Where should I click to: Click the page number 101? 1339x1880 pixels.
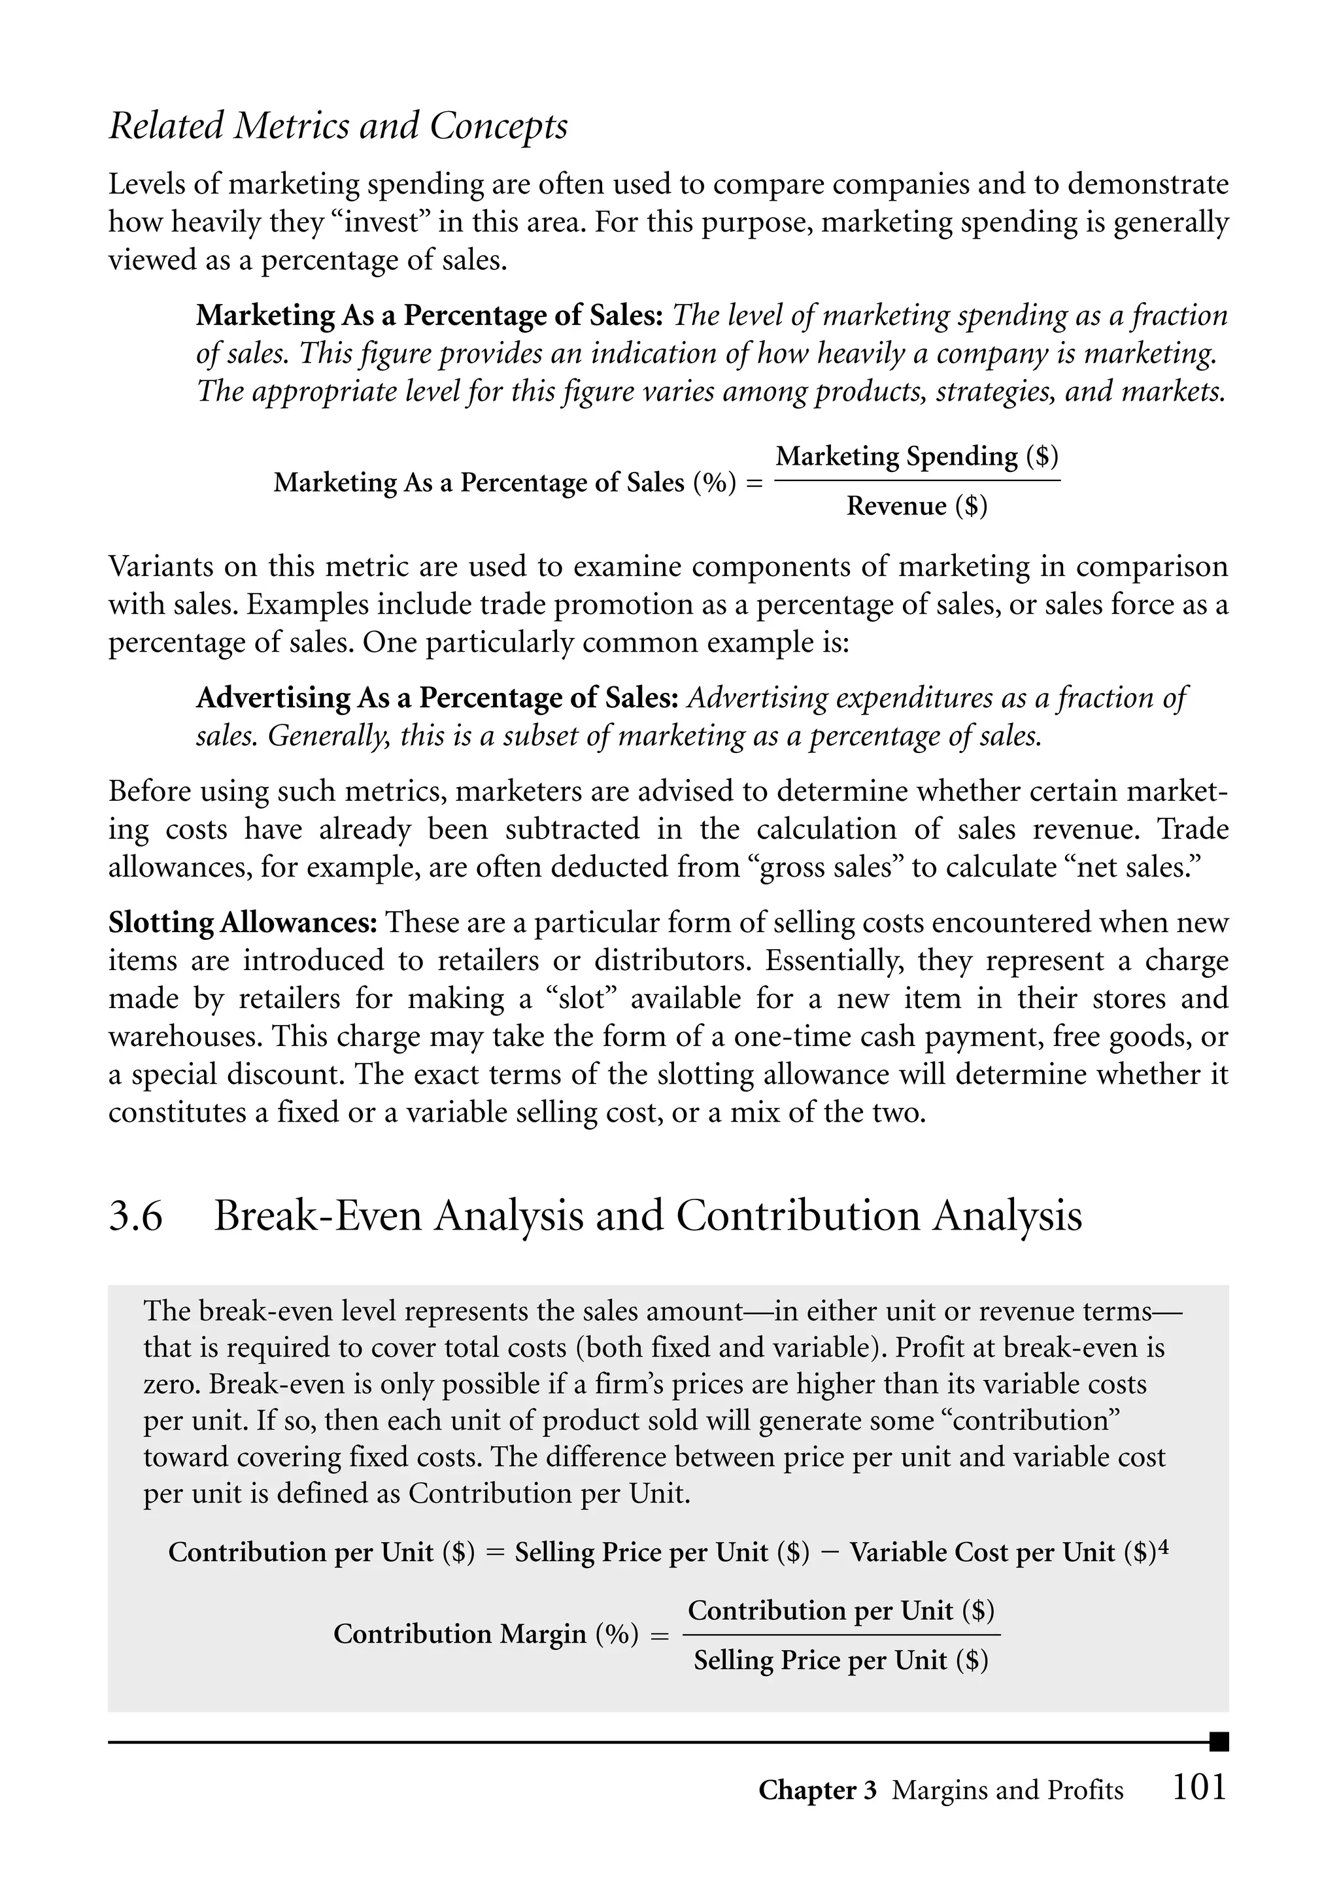click(x=1199, y=1787)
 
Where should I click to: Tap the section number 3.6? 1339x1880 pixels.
click(x=136, y=1217)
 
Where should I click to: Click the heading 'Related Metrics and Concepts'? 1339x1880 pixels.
click(x=338, y=126)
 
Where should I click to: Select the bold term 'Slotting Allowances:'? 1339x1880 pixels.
click(x=243, y=922)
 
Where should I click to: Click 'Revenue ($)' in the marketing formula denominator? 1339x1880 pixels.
click(x=917, y=505)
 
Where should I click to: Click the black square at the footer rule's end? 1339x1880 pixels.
click(x=1219, y=1741)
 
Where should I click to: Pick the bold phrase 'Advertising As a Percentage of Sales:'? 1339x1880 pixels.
click(x=437, y=698)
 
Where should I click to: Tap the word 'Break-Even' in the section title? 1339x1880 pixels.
click(x=318, y=1217)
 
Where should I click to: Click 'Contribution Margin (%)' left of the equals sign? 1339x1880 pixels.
click(x=486, y=1634)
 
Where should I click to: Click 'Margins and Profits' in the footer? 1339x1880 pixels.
click(x=1008, y=1789)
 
